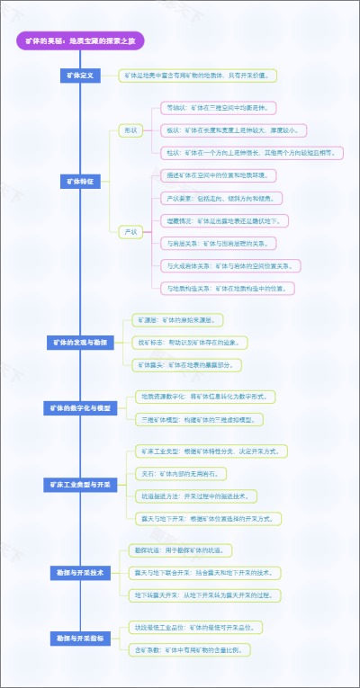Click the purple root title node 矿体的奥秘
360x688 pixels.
(80, 40)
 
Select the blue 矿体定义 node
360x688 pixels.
(80, 76)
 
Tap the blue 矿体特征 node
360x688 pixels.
(80, 181)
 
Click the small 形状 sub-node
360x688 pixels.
(130, 130)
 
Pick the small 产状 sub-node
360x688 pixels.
(130, 232)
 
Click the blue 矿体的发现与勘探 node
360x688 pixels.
(80, 343)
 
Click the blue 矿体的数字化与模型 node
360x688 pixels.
(80, 408)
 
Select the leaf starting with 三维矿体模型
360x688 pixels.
(199, 420)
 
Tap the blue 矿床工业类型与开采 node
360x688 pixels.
(80, 485)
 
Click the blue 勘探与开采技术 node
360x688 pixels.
(80, 572)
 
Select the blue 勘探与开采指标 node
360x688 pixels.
(80, 638)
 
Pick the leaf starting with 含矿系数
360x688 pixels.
(193, 649)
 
